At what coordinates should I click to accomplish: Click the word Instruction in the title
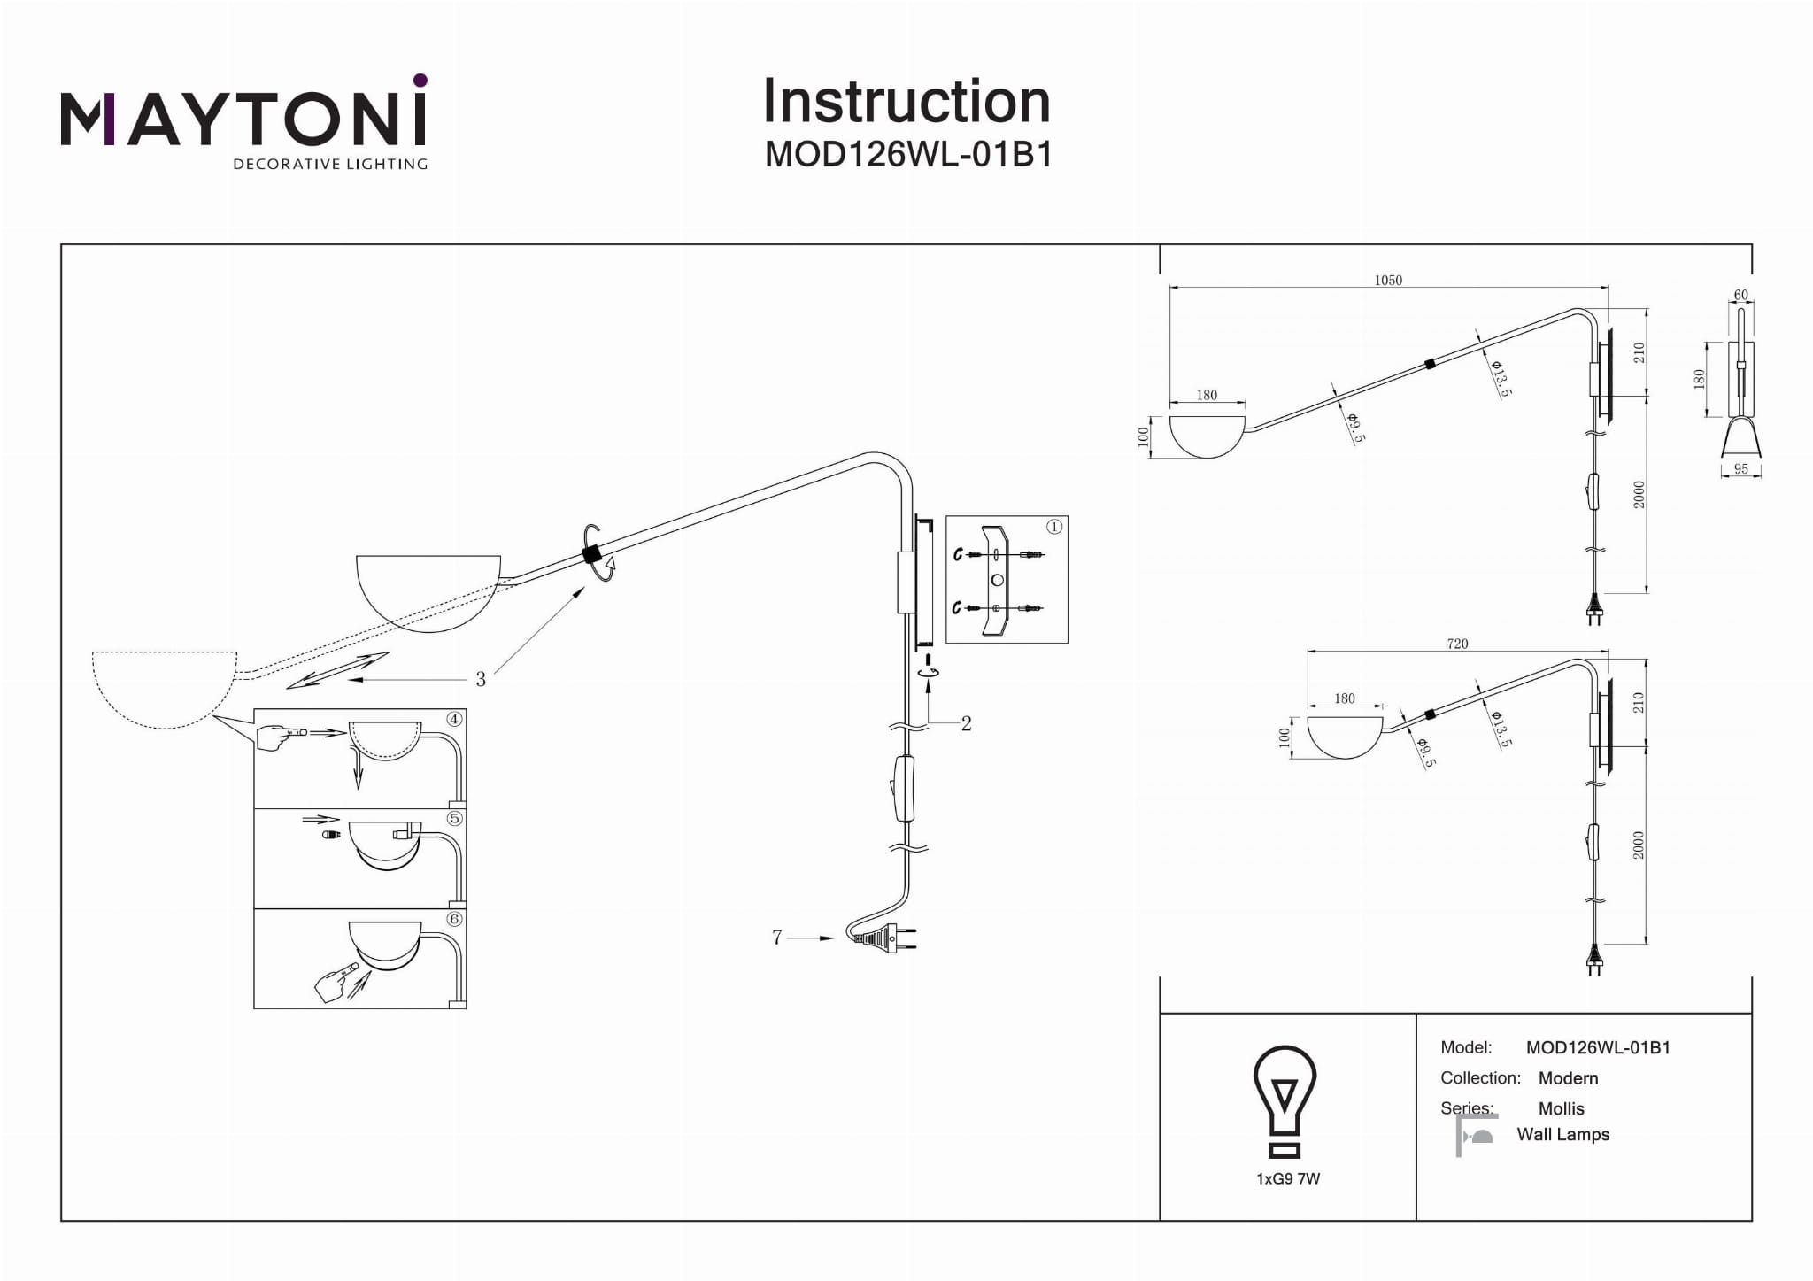click(906, 101)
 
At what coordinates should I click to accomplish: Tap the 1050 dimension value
click(1387, 280)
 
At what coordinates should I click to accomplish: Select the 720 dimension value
click(1456, 644)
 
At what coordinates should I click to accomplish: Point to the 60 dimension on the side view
click(1740, 295)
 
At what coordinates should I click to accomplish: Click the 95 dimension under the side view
click(1740, 469)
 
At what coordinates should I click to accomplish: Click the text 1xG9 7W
click(1288, 1178)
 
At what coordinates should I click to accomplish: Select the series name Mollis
click(1561, 1108)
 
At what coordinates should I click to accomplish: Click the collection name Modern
click(1568, 1078)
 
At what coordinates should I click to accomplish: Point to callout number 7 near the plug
click(776, 937)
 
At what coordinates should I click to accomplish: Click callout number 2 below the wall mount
click(966, 723)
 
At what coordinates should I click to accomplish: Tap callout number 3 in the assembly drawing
click(480, 679)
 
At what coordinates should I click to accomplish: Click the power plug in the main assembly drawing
click(885, 938)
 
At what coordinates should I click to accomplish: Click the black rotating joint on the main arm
click(590, 554)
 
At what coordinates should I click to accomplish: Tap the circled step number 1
click(1053, 527)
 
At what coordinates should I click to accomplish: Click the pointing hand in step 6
click(335, 984)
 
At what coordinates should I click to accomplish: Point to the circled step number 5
click(454, 818)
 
